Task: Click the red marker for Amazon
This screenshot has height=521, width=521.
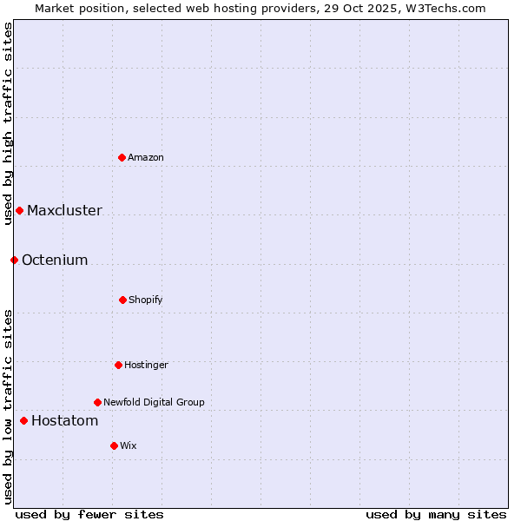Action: click(x=122, y=157)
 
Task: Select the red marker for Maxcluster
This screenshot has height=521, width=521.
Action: click(x=19, y=210)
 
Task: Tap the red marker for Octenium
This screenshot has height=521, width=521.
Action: click(x=14, y=260)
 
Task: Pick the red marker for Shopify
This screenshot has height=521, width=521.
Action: click(x=122, y=300)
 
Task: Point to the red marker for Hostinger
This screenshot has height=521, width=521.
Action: click(x=118, y=365)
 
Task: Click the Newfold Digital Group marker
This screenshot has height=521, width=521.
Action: click(x=97, y=402)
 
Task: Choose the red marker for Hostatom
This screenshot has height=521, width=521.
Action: click(x=23, y=420)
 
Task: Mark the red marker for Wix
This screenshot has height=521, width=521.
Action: click(x=114, y=445)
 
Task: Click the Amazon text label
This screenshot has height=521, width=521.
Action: click(x=146, y=157)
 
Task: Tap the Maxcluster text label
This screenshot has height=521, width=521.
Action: click(x=64, y=210)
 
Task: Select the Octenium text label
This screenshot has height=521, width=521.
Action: click(x=55, y=260)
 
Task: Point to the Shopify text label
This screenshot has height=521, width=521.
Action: click(x=146, y=300)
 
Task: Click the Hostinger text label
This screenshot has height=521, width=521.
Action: click(x=146, y=365)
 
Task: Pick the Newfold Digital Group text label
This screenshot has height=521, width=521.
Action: click(x=154, y=402)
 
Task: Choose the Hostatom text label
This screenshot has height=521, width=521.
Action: click(x=64, y=420)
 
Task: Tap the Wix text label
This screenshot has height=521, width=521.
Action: click(x=129, y=445)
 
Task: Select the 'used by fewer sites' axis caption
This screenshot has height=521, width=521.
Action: click(x=89, y=514)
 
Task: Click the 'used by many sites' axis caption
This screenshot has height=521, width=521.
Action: click(x=436, y=514)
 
